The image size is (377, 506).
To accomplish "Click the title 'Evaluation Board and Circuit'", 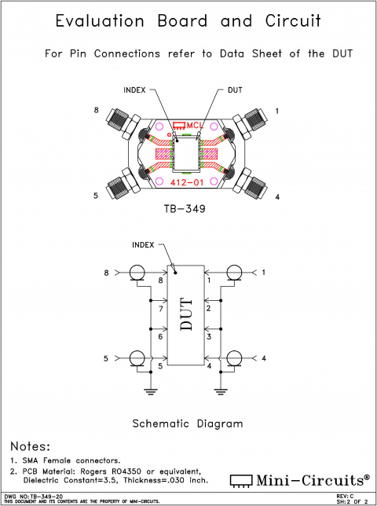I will [188, 22].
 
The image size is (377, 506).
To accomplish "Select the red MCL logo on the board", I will [188, 126].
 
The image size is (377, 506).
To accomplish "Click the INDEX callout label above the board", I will [136, 90].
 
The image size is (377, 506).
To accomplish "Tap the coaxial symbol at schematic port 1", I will [233, 273].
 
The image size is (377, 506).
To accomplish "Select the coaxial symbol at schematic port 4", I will [233, 359].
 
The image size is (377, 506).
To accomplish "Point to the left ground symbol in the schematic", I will [149, 388].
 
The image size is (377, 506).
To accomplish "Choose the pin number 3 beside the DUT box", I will [209, 337].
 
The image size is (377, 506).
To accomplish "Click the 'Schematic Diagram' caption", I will [187, 423].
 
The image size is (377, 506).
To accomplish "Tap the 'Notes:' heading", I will [30, 445].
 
